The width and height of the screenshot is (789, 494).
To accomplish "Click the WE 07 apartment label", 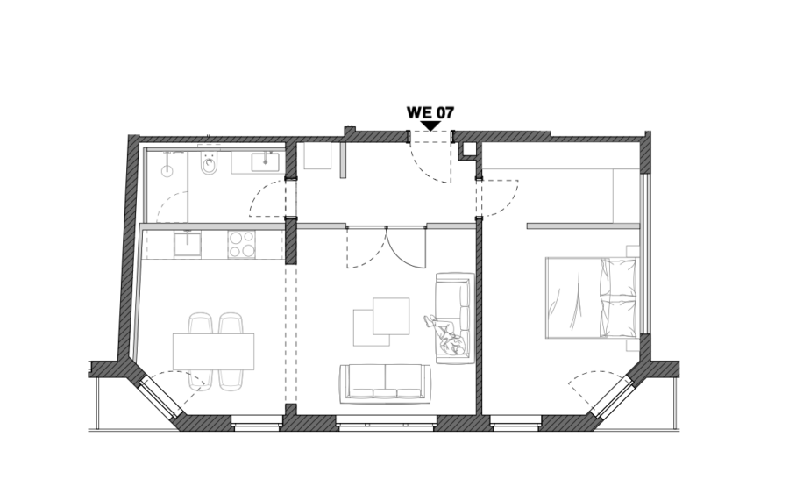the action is click(430, 111).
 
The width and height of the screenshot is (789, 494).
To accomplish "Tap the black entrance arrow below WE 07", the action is click(430, 125).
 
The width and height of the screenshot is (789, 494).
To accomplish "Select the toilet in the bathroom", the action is click(208, 165).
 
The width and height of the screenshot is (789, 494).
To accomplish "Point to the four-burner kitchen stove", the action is click(241, 244).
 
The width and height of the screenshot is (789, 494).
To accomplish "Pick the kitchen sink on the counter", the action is click(188, 244).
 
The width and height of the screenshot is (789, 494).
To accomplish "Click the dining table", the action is click(213, 352).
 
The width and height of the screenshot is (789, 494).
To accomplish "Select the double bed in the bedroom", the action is click(591, 297).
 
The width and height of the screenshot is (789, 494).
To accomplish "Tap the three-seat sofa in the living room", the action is click(386, 383).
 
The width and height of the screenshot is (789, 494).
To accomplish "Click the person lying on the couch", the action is click(445, 335).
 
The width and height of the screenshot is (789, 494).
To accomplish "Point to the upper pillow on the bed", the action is click(617, 277).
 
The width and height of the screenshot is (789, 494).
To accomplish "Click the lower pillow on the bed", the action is click(617, 318).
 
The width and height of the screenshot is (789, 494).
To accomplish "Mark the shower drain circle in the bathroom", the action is click(167, 171).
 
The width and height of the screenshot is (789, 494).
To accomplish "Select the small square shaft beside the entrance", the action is click(469, 148).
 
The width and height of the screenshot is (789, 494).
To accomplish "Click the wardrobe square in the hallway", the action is click(317, 155).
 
